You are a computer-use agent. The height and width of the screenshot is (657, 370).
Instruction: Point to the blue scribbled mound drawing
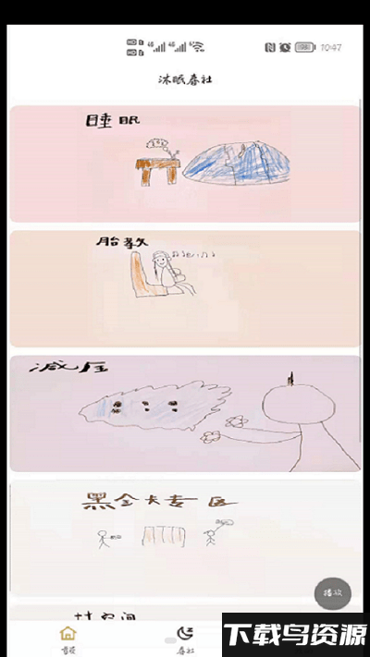click(x=238, y=161)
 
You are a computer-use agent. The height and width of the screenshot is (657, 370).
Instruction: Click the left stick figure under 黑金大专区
click(x=104, y=535)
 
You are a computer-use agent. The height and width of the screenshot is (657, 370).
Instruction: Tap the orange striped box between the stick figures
click(x=163, y=535)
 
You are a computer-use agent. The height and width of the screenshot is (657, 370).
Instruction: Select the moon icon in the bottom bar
click(x=185, y=633)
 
